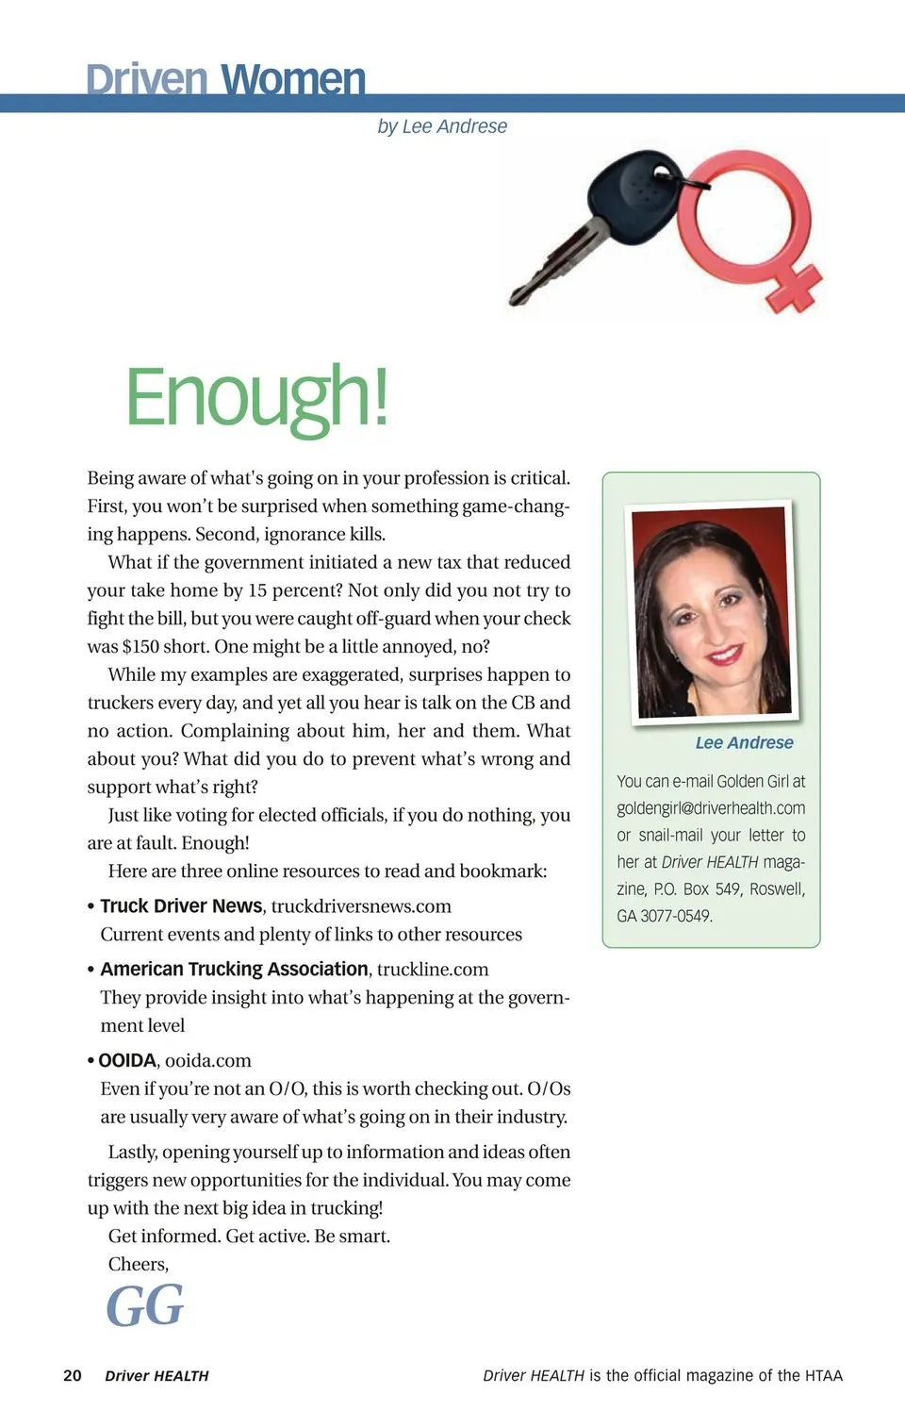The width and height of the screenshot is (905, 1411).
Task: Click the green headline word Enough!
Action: (x=256, y=397)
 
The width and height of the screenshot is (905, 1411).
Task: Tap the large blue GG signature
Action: (x=145, y=1306)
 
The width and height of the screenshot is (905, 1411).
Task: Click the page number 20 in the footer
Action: (x=73, y=1375)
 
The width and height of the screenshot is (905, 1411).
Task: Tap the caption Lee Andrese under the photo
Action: (x=744, y=742)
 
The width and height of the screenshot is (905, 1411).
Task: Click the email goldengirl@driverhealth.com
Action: (x=711, y=808)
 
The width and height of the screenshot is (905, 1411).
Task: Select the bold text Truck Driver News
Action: (x=181, y=906)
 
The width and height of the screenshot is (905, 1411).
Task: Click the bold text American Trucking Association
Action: (x=234, y=970)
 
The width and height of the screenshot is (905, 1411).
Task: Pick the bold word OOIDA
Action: (x=127, y=1061)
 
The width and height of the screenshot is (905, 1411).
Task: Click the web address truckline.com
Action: (x=433, y=970)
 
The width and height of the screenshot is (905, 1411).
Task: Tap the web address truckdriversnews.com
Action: (x=361, y=906)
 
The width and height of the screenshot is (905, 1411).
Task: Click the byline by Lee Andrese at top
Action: (x=442, y=126)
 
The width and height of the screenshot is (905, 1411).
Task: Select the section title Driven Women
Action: (x=225, y=79)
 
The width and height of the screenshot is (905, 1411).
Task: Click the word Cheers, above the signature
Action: (x=139, y=1264)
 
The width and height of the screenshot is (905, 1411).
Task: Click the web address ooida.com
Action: (x=208, y=1061)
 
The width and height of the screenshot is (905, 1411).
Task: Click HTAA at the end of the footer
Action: (x=824, y=1375)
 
